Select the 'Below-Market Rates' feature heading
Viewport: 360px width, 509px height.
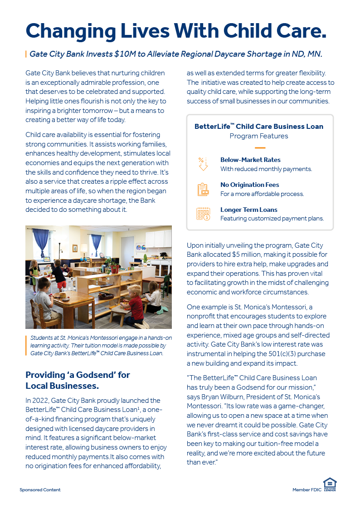250,160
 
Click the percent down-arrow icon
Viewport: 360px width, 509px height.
203,164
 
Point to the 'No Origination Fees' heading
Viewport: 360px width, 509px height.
249,185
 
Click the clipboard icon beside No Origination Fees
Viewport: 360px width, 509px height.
203,189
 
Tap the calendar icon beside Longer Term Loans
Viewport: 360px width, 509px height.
203,214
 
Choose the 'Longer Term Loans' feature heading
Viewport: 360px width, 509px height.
248,210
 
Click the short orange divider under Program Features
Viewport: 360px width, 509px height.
259,147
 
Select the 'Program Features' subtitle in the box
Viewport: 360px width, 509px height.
259,136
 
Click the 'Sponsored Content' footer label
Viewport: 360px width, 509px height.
40,490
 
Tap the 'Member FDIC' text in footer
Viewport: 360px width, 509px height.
306,490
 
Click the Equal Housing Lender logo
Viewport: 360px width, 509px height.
329,484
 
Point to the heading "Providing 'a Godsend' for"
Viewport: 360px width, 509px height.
78,375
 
